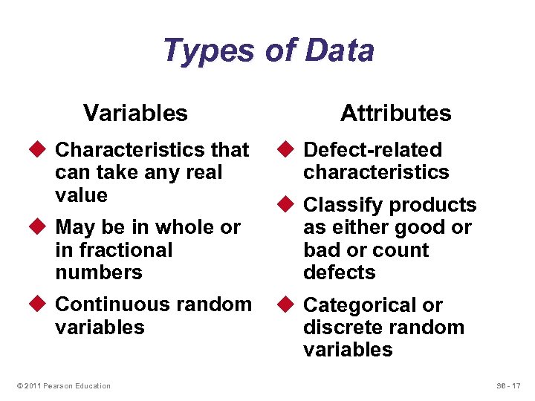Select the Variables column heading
coord(135,113)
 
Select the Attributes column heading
coord(395,113)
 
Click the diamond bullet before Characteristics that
coord(42,150)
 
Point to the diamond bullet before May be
coord(42,227)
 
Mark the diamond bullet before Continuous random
coord(42,304)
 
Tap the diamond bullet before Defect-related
coord(290,150)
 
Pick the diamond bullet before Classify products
coord(290,205)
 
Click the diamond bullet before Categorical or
coord(290,305)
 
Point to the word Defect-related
coord(373,150)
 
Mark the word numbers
coord(98,273)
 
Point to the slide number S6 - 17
coord(508,385)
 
